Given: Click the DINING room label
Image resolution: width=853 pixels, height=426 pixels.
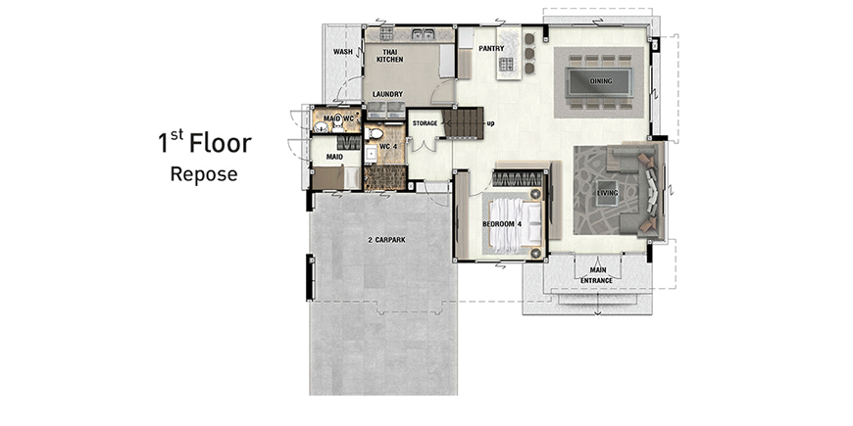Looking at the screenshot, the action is (x=601, y=81).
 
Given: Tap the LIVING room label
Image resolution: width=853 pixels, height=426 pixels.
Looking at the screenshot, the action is (x=607, y=193).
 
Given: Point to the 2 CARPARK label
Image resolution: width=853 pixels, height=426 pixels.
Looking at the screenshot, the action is (x=385, y=240).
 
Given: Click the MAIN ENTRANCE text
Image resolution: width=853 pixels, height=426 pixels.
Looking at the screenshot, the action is (x=597, y=275).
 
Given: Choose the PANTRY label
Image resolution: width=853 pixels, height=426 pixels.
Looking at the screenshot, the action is (x=491, y=48).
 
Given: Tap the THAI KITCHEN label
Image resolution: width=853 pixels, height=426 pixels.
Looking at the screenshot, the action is (x=389, y=56).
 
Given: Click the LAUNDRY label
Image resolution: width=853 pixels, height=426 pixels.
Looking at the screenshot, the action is (x=387, y=94).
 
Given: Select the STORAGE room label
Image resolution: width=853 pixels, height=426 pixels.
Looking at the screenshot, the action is (x=425, y=123).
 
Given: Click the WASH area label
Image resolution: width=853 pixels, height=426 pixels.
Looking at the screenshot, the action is (x=343, y=52).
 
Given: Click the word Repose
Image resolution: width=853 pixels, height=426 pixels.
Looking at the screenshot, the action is (x=204, y=175).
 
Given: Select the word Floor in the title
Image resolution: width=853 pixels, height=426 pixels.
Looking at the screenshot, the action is (x=221, y=143).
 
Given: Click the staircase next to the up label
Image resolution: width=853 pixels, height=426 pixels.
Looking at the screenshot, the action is (x=463, y=122).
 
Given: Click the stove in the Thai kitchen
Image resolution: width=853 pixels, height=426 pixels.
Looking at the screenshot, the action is (x=386, y=34).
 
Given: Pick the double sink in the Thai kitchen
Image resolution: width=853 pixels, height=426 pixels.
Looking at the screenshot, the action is (x=423, y=35).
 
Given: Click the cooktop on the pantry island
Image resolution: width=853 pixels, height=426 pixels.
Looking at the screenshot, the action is (x=506, y=65).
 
